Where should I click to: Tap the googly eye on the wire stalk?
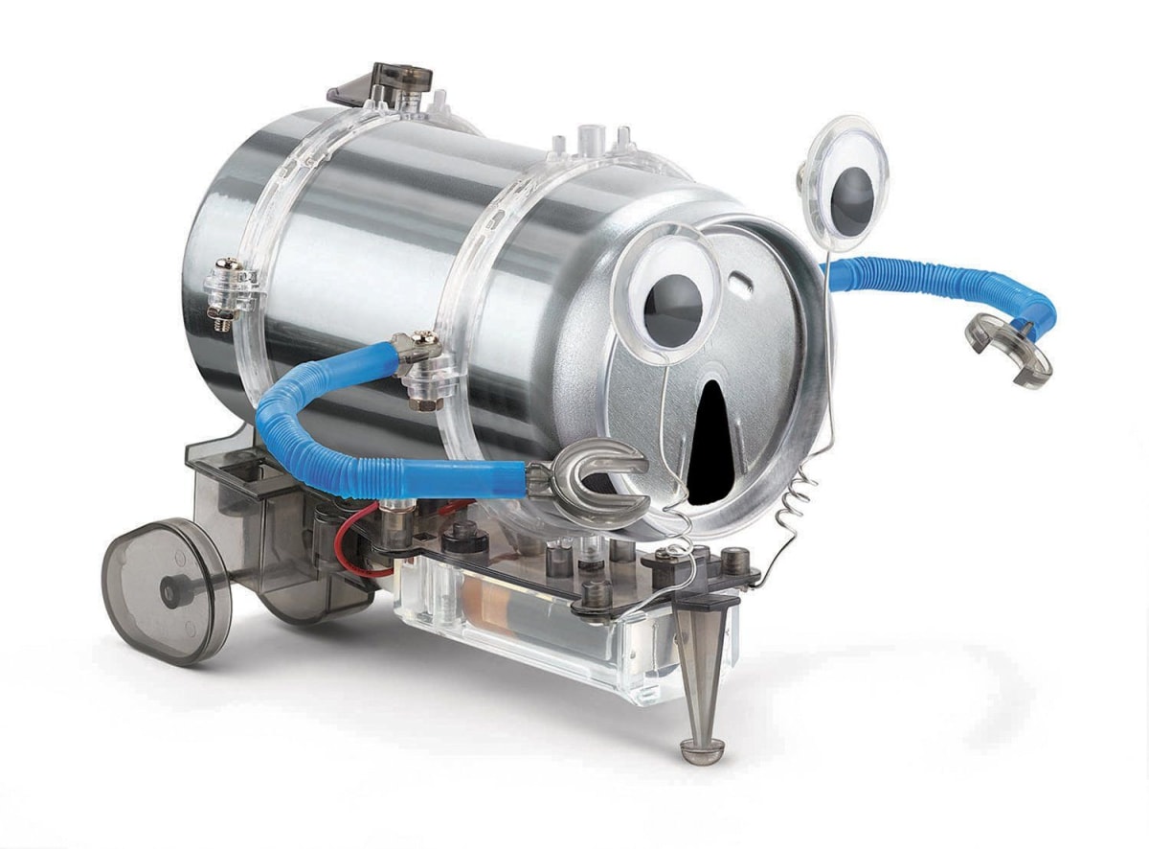[x=846, y=183]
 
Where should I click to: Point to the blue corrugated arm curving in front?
[x=383, y=450]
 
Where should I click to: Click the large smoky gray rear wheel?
[x=168, y=590]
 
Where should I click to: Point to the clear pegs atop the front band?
[x=594, y=139]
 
